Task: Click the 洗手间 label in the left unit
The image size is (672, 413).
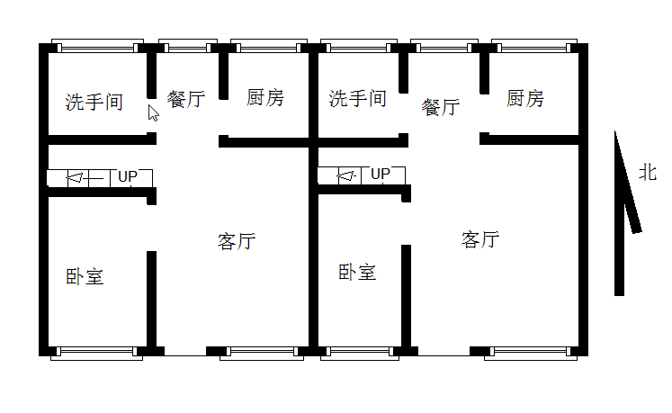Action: click(94, 102)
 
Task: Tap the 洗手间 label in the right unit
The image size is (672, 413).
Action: click(357, 98)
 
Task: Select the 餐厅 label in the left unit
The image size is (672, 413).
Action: click(186, 99)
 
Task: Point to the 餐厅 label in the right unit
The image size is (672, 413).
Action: click(441, 107)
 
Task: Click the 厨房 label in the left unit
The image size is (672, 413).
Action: click(264, 97)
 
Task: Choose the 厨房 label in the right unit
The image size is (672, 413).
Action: click(524, 98)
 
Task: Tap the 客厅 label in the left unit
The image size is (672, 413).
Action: click(237, 241)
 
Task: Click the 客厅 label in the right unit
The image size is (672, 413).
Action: click(480, 239)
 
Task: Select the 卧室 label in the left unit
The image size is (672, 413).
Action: click(85, 277)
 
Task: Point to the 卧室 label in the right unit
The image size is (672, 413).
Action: click(357, 272)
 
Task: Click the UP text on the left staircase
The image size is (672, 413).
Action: click(128, 176)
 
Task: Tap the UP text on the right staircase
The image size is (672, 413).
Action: click(381, 174)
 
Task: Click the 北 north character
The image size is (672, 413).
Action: click(648, 172)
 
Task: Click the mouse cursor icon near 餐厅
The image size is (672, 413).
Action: click(153, 112)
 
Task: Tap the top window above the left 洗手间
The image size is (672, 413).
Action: click(95, 45)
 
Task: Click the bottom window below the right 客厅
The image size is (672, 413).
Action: click(531, 352)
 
